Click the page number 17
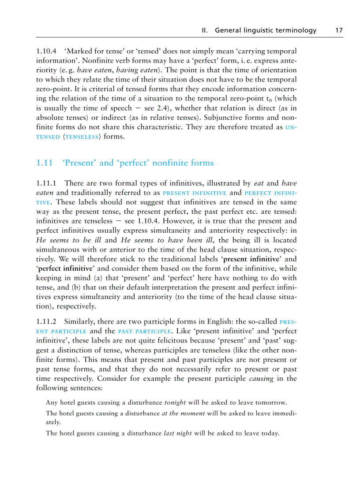[x=339, y=30]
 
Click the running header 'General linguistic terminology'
[x=266, y=30]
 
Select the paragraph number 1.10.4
[x=47, y=51]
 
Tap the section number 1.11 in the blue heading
[x=45, y=163]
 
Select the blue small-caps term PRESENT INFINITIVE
[x=195, y=193]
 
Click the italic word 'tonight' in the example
[x=175, y=403]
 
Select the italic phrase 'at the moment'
[x=183, y=413]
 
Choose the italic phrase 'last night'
[x=177, y=433]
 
